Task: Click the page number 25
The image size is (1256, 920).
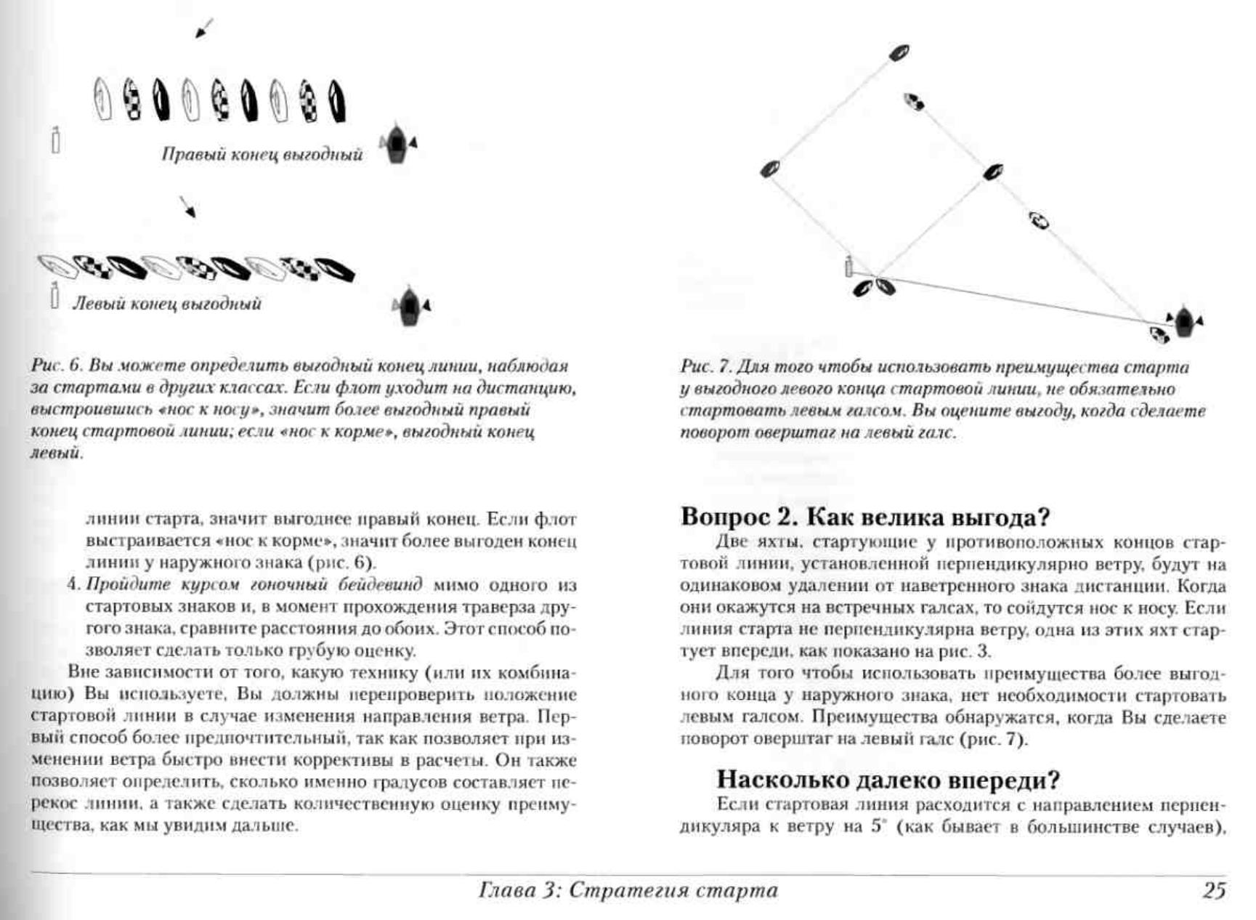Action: pos(1213,889)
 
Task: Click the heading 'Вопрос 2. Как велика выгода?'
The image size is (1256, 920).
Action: pos(865,517)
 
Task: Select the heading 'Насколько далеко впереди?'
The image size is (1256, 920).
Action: pos(888,779)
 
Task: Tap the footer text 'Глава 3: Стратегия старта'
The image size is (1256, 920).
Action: pos(628,889)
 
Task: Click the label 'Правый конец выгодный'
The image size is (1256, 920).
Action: pos(262,155)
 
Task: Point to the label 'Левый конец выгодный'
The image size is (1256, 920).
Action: pos(166,304)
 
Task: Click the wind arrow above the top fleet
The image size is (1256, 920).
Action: pos(204,28)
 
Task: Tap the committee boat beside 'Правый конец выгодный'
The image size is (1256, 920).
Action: pos(397,143)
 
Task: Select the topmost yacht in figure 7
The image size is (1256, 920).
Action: pos(899,52)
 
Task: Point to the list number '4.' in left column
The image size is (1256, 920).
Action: pos(73,585)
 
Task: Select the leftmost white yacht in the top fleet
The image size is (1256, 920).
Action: pos(102,100)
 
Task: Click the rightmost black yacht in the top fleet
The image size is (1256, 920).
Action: pos(337,101)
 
